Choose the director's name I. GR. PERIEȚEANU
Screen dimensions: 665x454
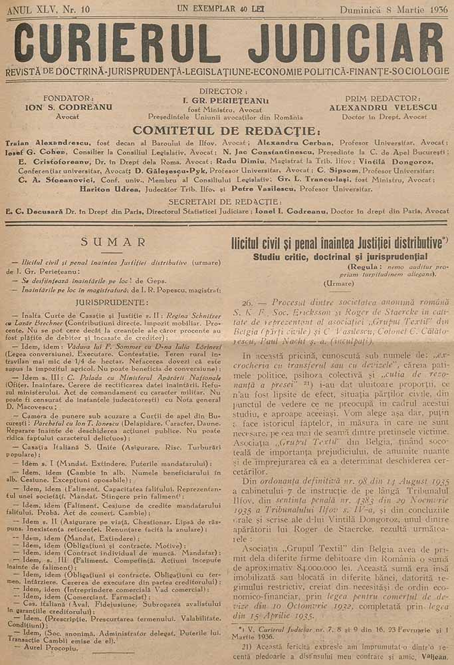[227, 101]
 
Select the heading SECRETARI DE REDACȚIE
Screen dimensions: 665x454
[227, 200]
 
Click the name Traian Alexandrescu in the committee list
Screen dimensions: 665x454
[45, 142]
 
